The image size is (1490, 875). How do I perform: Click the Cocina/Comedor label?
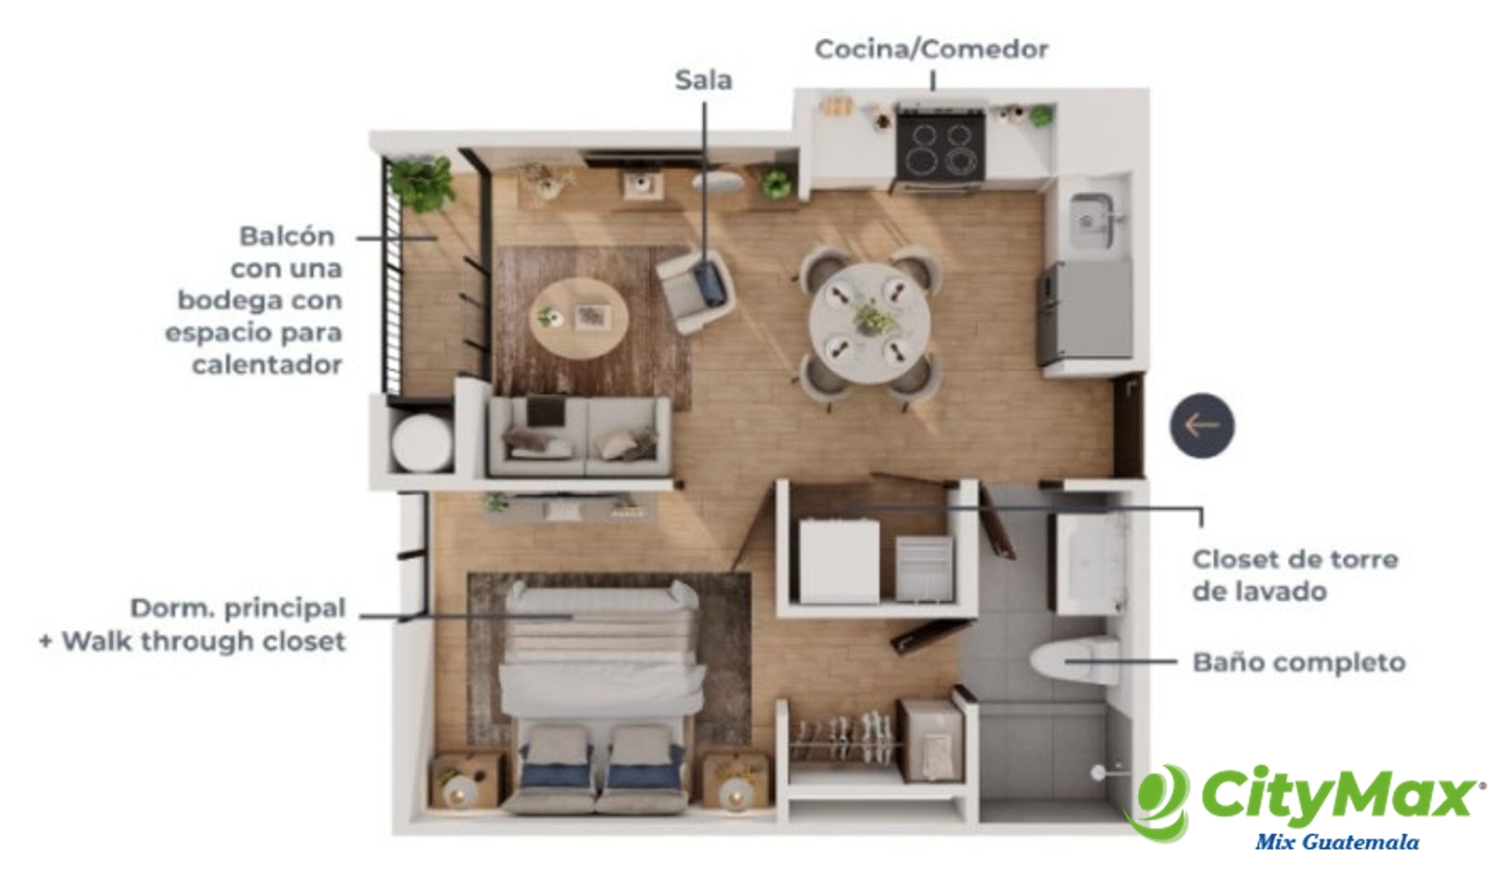931,49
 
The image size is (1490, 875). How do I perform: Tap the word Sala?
704,80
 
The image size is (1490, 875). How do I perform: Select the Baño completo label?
1298,663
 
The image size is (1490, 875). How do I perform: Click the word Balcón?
287,236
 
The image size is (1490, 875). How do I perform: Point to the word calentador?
267,364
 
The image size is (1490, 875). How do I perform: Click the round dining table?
870,322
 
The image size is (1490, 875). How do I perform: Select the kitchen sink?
1090,214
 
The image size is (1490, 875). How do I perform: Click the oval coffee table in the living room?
578,318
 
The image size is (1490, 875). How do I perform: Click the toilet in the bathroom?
1075,661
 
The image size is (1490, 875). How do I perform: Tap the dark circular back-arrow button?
1202,425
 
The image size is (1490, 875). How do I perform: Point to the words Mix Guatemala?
1337,842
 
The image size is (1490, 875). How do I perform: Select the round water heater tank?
422,443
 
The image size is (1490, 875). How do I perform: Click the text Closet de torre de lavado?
1295,575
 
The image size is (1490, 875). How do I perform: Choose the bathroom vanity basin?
1089,565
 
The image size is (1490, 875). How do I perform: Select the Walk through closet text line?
193,641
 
